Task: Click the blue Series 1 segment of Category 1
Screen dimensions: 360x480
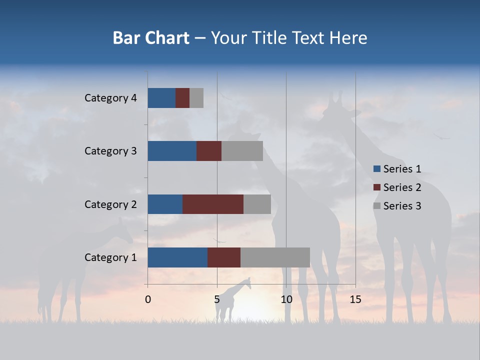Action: coord(177,257)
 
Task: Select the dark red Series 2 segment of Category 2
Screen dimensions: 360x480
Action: coord(213,204)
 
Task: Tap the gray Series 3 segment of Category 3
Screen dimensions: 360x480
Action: coord(242,151)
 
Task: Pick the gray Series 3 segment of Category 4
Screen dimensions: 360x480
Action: coord(196,98)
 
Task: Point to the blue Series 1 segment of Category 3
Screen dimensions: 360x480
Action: coord(172,151)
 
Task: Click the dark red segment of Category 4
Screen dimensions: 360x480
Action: coord(182,98)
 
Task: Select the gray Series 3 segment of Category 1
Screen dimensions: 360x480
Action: coord(275,257)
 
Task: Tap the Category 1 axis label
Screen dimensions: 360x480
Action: coord(110,257)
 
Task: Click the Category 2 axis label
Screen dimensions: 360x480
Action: coord(110,204)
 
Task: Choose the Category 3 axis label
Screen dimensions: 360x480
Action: coord(110,151)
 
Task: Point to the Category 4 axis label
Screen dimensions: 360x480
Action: coord(110,98)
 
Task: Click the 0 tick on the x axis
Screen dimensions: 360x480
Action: coord(148,299)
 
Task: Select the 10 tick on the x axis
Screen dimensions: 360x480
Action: coord(286,299)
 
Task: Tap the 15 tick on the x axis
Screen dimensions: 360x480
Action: coord(355,299)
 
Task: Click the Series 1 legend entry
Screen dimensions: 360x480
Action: coord(397,169)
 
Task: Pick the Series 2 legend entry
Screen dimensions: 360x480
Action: coord(397,187)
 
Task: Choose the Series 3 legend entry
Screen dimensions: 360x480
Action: coord(397,206)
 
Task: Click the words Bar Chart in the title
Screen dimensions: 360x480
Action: coord(151,38)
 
